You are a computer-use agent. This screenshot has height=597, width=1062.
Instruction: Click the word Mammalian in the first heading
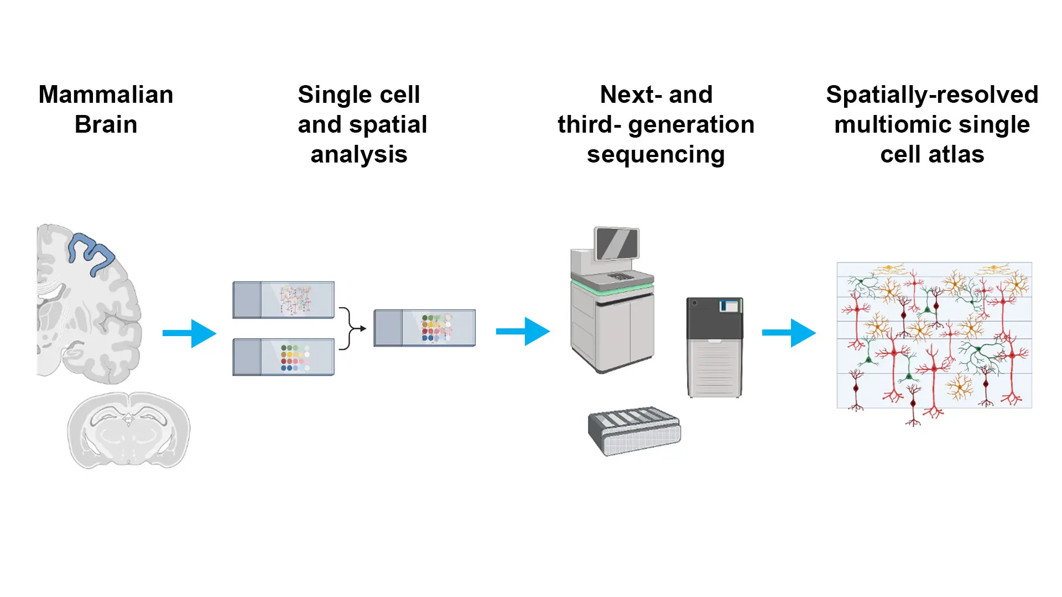pyautogui.click(x=106, y=95)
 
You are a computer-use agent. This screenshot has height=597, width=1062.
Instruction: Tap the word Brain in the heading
pyautogui.click(x=106, y=124)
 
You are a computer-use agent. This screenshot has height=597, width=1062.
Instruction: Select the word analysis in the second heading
pyautogui.click(x=359, y=154)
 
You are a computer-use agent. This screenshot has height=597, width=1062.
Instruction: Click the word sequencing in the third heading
pyautogui.click(x=655, y=154)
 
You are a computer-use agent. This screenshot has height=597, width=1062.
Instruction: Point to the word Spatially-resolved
pyautogui.click(x=932, y=95)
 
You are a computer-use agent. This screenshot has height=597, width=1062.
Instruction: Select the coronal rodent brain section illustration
pyautogui.click(x=128, y=430)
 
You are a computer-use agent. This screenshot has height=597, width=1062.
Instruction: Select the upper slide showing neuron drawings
pyautogui.click(x=283, y=300)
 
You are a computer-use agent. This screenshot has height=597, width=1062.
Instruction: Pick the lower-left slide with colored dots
pyautogui.click(x=283, y=357)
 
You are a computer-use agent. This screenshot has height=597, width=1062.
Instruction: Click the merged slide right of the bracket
pyautogui.click(x=424, y=328)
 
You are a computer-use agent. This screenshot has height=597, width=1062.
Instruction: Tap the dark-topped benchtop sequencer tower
pyautogui.click(x=715, y=347)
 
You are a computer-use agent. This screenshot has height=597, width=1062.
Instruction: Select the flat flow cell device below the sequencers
pyautogui.click(x=634, y=431)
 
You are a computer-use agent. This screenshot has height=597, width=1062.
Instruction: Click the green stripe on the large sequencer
pyautogui.click(x=612, y=288)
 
